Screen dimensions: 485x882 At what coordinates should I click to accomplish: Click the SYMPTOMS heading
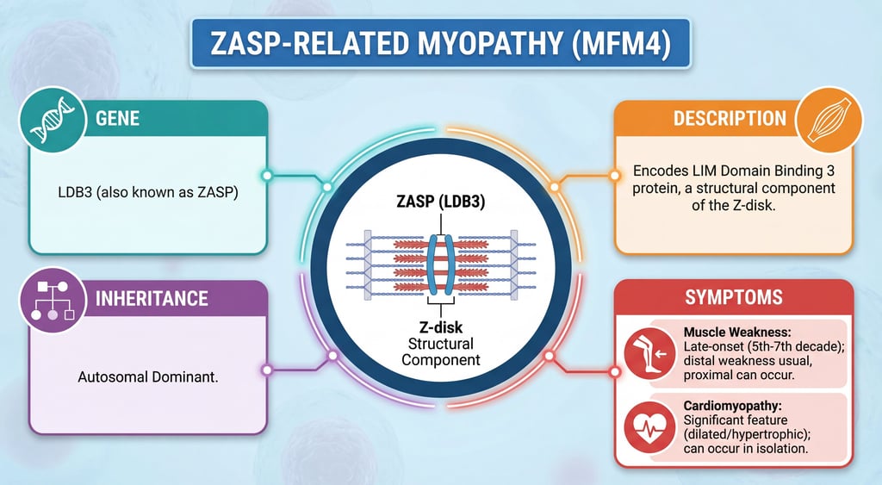tap(733, 298)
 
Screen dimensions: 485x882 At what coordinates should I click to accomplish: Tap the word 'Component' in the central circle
tap(441, 359)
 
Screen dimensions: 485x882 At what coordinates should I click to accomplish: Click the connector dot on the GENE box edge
tap(267, 176)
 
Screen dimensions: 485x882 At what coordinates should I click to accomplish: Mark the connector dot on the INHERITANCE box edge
tap(267, 370)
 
